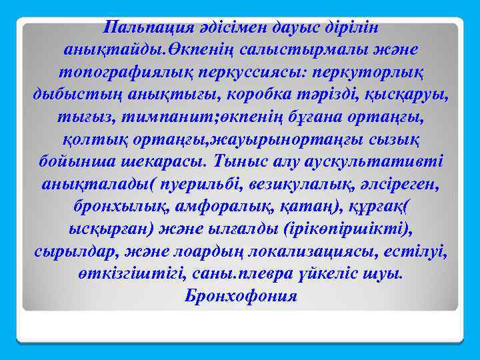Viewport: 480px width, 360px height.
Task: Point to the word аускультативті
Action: [x=381, y=163]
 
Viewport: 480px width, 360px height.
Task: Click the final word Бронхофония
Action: [x=241, y=297]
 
